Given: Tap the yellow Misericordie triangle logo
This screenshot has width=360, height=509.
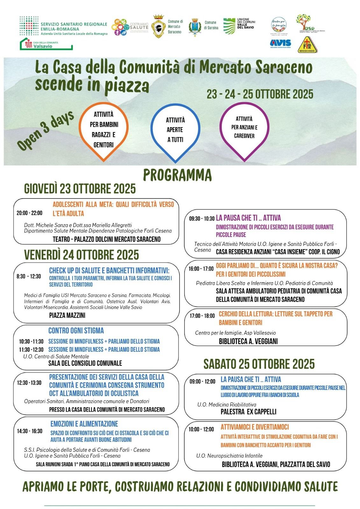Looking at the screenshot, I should pos(307,45).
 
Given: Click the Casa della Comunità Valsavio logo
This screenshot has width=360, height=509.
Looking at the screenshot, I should pos(46,44).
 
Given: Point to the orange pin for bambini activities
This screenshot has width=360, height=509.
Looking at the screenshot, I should pos(103,130).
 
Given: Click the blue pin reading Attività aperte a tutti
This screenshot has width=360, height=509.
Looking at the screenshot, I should pos(175,130).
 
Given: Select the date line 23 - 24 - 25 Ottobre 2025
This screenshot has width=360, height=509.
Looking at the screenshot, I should pos(260,94).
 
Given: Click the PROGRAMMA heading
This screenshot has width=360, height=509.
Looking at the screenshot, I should pos(177,175).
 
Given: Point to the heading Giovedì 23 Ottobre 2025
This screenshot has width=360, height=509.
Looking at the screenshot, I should pos(80,189).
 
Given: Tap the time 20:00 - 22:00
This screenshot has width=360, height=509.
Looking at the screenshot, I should pos(29,213).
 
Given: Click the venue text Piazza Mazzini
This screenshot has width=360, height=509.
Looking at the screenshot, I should pos(67,315).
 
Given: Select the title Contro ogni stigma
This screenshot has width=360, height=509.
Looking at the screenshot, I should pos(76,331).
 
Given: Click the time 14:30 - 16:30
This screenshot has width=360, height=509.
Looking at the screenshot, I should pos(30,431).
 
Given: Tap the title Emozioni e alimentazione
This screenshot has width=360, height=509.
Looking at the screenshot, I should pos(84,424).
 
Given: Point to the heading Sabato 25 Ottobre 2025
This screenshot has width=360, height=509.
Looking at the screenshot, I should pos(259,364).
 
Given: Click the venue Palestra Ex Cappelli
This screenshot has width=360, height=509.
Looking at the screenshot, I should pos(248,412).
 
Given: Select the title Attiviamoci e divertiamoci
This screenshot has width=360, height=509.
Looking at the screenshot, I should pos(255,427).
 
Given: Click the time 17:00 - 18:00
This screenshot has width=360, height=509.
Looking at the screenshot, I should pos(202,316).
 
